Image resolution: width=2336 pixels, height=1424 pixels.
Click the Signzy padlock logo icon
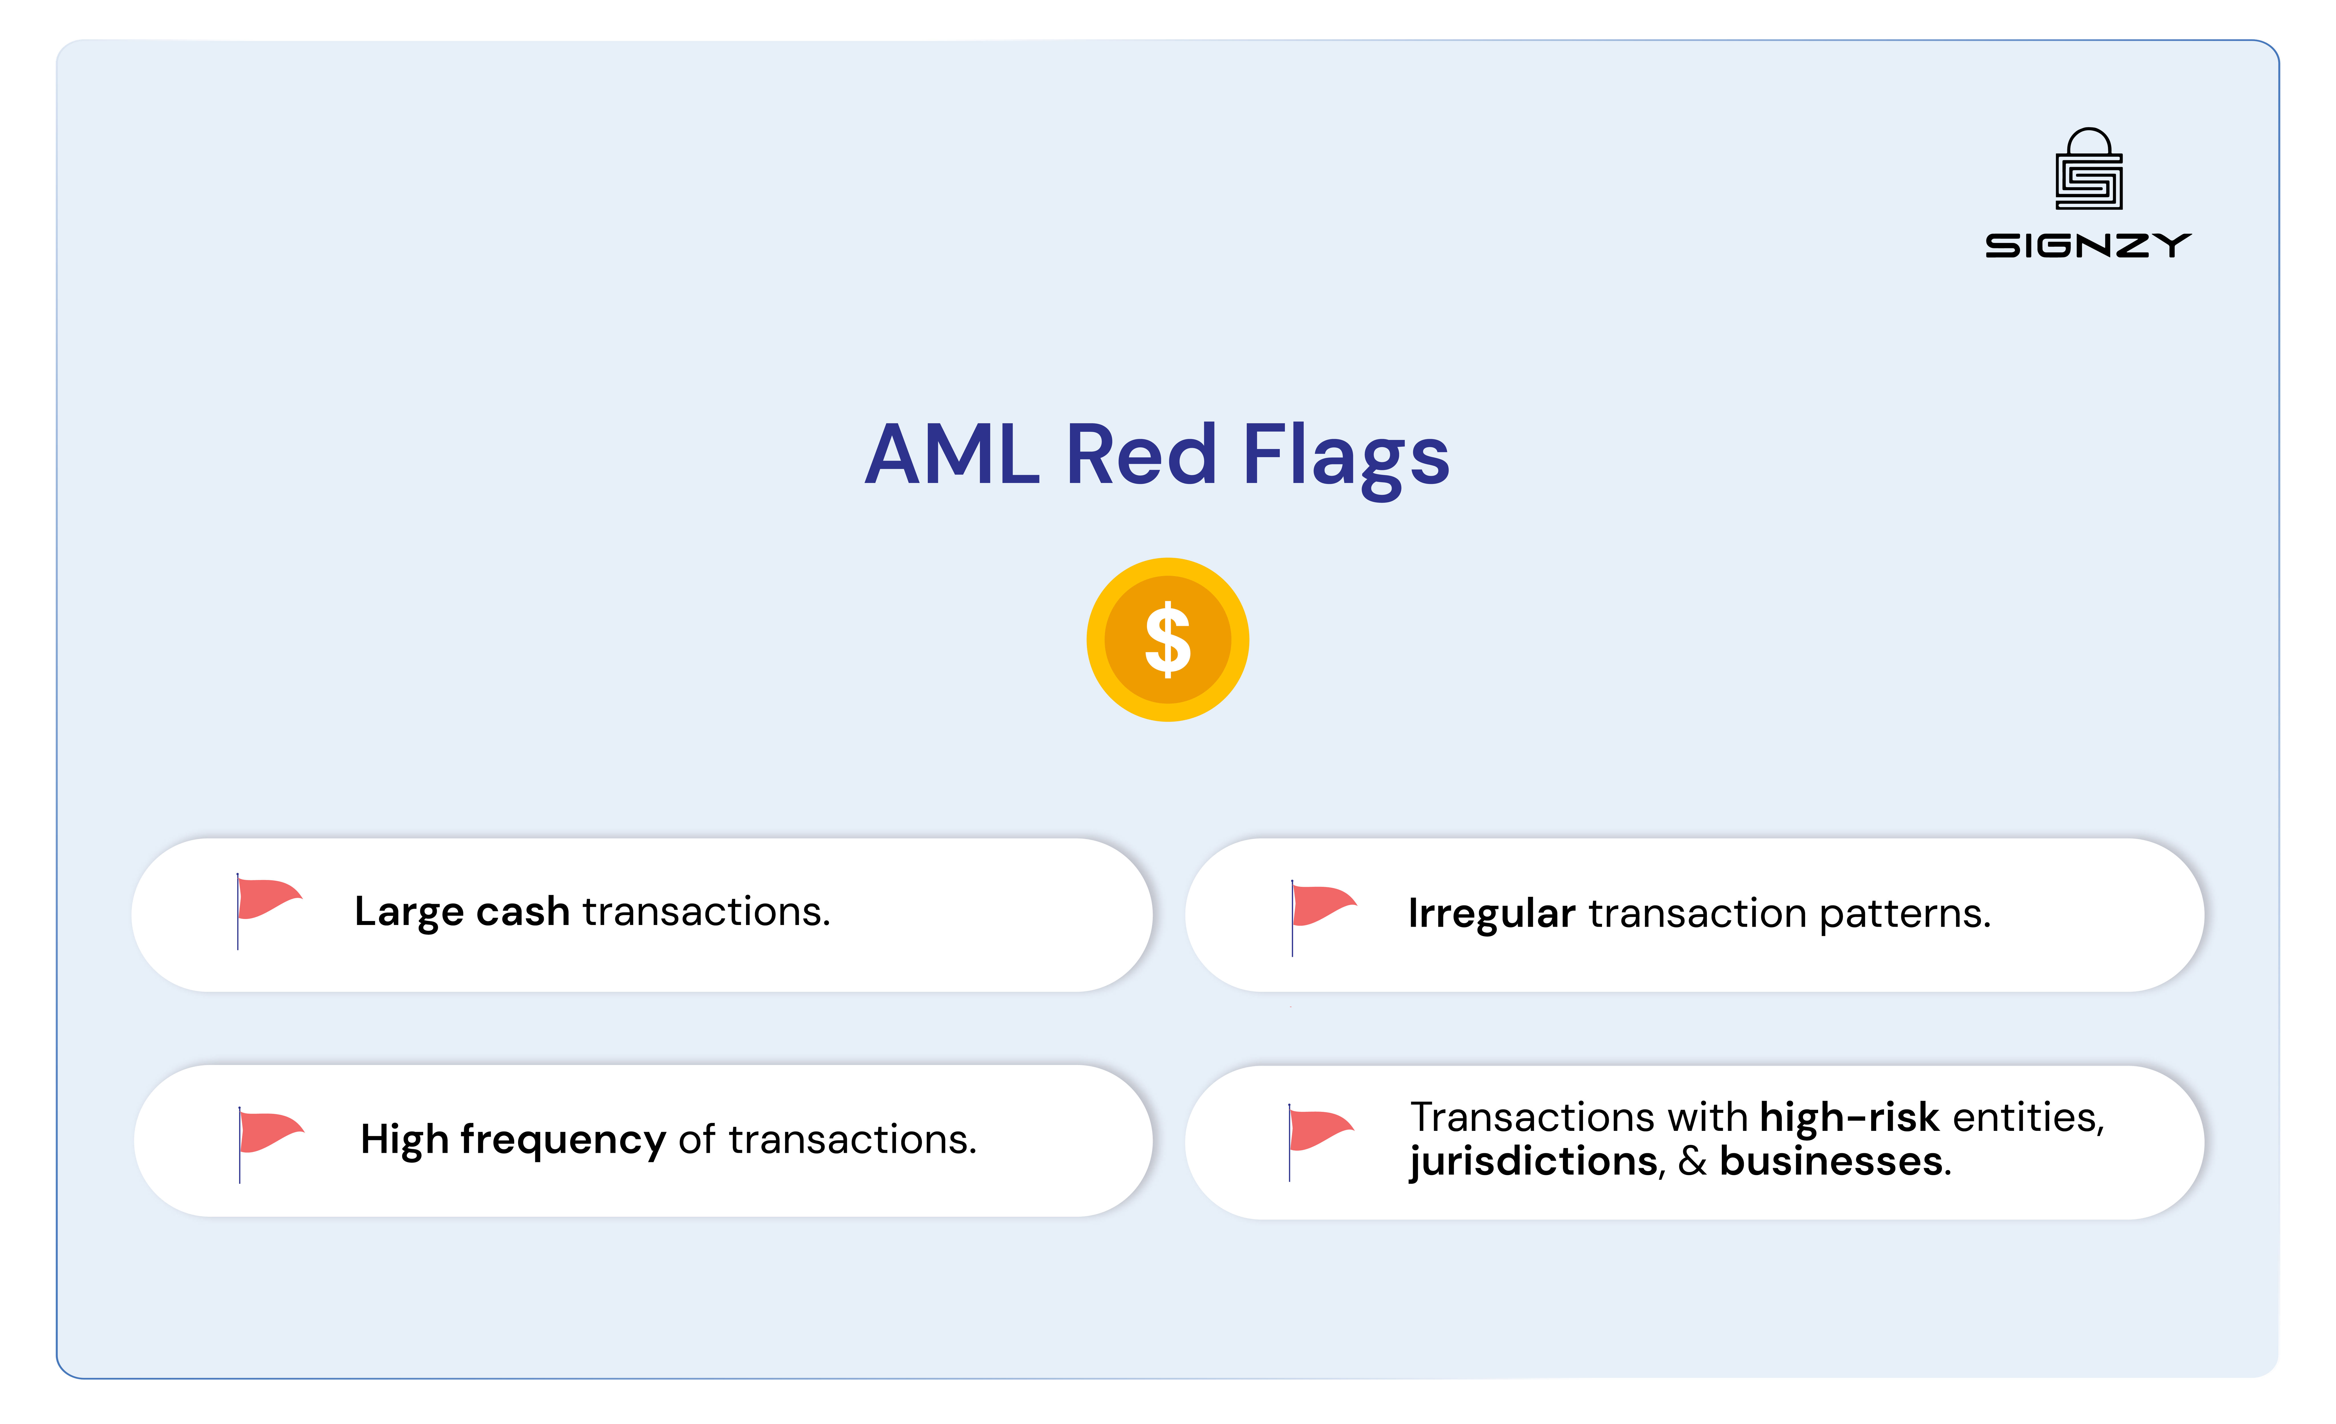[x=2088, y=171]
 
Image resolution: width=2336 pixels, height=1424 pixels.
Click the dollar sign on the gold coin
[x=1168, y=640]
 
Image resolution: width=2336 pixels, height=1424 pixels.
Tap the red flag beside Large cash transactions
[x=268, y=901]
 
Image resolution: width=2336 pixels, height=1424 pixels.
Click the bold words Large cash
[x=462, y=912]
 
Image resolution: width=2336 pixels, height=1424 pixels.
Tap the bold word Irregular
[x=1491, y=914]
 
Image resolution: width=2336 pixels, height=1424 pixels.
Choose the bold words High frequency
[x=513, y=1140]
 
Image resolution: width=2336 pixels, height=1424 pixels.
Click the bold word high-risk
[x=1849, y=1118]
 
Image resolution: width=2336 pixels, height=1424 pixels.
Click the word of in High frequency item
[x=697, y=1140]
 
